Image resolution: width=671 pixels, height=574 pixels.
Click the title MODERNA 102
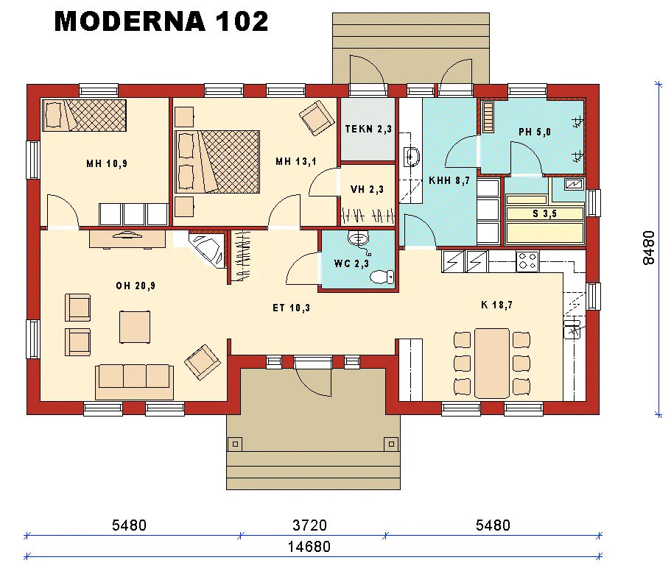point(161,22)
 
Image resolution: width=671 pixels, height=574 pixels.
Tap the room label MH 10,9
point(106,163)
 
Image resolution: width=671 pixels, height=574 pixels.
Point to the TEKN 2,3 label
point(368,130)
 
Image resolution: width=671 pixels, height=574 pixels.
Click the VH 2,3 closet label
point(367,189)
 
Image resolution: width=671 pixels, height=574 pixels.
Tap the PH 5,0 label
point(534,132)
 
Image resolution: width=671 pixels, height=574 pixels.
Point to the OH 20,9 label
point(135,286)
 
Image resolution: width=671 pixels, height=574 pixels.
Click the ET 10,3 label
point(291,308)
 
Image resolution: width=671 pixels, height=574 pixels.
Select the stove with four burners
point(527,261)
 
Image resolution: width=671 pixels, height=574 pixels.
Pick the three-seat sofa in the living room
point(134,377)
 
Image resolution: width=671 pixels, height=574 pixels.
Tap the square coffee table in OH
point(136,326)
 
